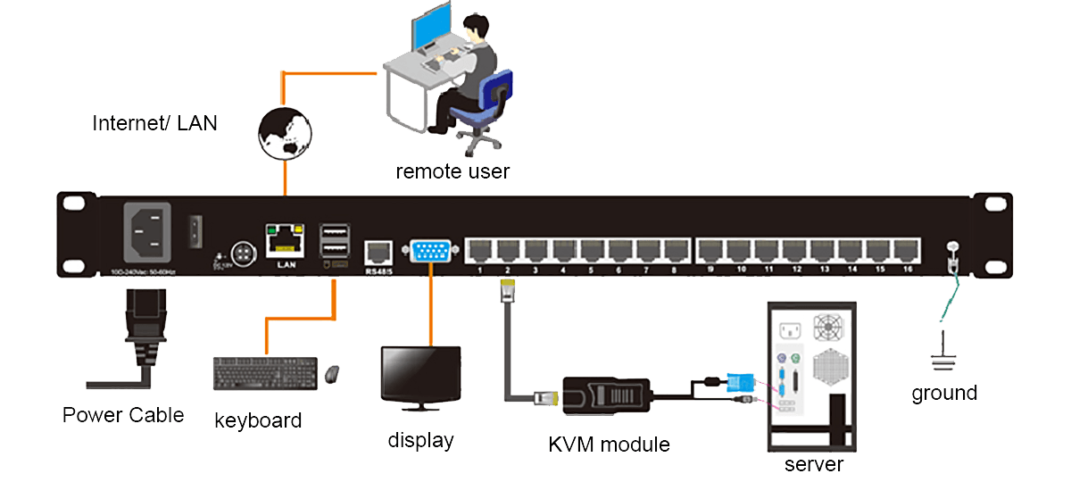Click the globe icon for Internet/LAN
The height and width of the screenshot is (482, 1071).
[x=285, y=133]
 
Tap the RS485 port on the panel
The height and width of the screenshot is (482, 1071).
[x=378, y=250]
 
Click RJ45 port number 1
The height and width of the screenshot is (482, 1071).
[x=479, y=250]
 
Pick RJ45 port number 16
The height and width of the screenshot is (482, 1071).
[x=907, y=250]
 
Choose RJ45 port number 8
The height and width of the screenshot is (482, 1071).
[x=674, y=250]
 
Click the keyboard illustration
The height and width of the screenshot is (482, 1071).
[x=265, y=373]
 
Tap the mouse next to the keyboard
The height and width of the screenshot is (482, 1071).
[x=332, y=374]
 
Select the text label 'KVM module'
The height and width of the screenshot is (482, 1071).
[x=609, y=444]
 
